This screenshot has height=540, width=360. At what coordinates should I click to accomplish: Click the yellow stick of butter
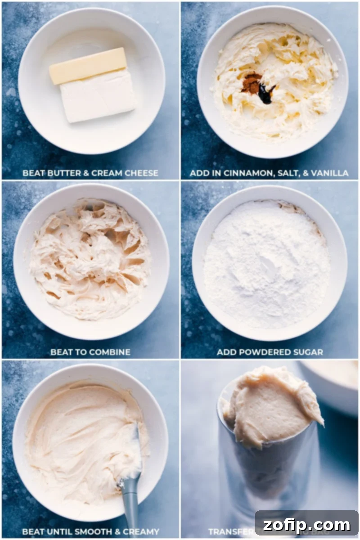(88, 66)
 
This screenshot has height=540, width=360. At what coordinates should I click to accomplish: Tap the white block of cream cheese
(98, 97)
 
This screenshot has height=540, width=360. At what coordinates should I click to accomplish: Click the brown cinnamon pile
(251, 83)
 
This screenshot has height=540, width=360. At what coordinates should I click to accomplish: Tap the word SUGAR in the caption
(308, 352)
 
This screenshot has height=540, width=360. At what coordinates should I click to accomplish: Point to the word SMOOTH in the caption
(94, 531)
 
